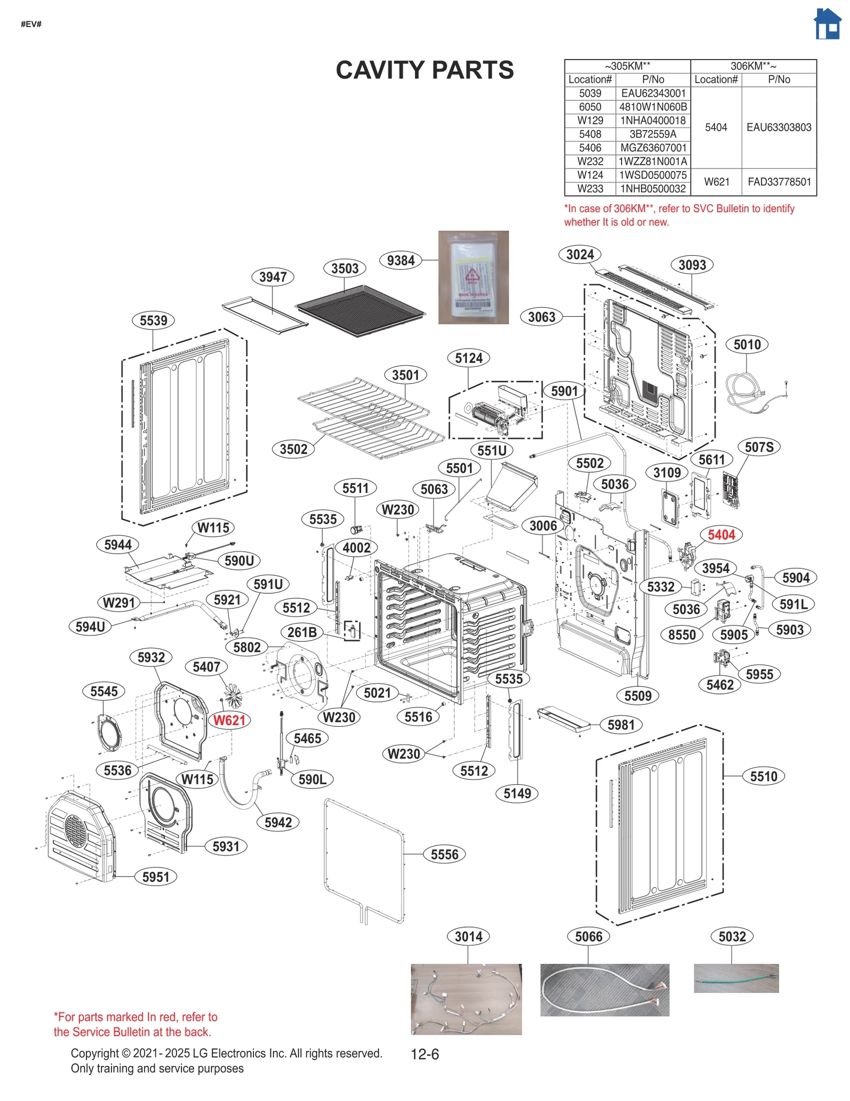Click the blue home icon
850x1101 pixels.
pyautogui.click(x=827, y=24)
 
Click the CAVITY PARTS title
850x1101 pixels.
pyautogui.click(x=424, y=70)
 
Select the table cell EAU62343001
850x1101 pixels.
pyautogui.click(x=653, y=93)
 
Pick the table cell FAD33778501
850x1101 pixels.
pyautogui.click(x=779, y=182)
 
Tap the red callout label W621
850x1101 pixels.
pyautogui.click(x=229, y=720)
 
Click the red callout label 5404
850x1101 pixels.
pyautogui.click(x=721, y=535)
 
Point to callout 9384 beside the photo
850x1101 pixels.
pyautogui.click(x=401, y=260)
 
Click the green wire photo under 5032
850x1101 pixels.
pyautogui.click(x=736, y=978)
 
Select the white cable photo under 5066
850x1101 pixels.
pyautogui.click(x=604, y=990)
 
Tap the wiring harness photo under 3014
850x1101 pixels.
pyautogui.click(x=466, y=999)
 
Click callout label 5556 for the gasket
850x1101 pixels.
pyautogui.click(x=444, y=854)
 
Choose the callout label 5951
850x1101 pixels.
pyautogui.click(x=156, y=877)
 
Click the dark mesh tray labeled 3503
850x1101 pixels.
pyautogui.click(x=360, y=312)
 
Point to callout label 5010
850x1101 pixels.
pyautogui.click(x=747, y=344)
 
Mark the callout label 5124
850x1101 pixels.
pyautogui.click(x=469, y=358)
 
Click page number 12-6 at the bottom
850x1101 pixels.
pyautogui.click(x=424, y=1054)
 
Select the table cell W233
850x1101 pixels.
pyautogui.click(x=590, y=189)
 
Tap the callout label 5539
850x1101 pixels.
pyautogui.click(x=153, y=321)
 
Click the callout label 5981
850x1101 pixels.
pyautogui.click(x=620, y=725)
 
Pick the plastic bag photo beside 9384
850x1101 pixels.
pyautogui.click(x=473, y=277)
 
